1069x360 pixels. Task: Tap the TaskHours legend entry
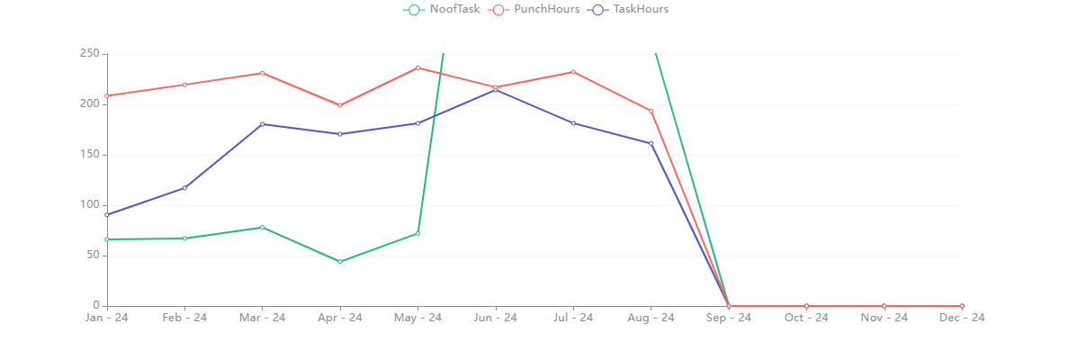click(x=629, y=10)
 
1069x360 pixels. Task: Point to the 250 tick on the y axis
click(x=87, y=54)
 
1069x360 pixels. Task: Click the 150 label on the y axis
click(x=87, y=155)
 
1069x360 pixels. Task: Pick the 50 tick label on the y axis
click(x=91, y=256)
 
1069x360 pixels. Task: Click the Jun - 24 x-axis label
click(x=495, y=318)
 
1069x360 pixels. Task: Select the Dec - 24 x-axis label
click(x=962, y=318)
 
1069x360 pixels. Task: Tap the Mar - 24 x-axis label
click(x=262, y=318)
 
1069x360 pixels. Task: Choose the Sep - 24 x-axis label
click(x=729, y=318)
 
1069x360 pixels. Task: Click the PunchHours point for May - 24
click(x=418, y=68)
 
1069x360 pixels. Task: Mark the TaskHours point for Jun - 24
click(x=496, y=90)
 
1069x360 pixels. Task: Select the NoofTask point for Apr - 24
click(x=340, y=262)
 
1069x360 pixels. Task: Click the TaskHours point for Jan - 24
click(x=107, y=215)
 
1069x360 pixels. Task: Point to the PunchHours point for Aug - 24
click(x=651, y=111)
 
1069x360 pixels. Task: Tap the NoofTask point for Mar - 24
click(x=262, y=228)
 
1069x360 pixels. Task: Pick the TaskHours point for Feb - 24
click(x=184, y=188)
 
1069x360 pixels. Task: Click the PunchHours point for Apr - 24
click(x=340, y=105)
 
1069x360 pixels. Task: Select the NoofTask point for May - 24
click(x=418, y=234)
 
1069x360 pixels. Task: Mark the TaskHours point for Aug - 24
click(x=651, y=144)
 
